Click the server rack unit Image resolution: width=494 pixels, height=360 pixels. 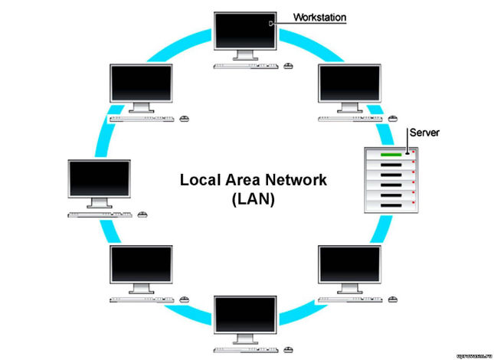pyautogui.click(x=391, y=179)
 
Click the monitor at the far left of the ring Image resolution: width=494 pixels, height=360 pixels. pyautogui.click(x=99, y=180)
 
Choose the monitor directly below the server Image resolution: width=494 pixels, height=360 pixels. pyautogui.click(x=349, y=266)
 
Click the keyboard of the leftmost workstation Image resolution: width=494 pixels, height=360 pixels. pyautogui.click(x=97, y=214)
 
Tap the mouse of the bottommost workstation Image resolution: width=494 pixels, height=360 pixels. pyautogui.click(x=289, y=350)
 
